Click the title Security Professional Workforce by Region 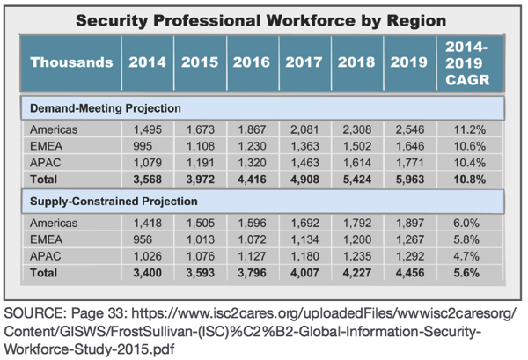264,18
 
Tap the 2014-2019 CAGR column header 469,62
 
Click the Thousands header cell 72,62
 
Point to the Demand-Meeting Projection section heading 106,107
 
